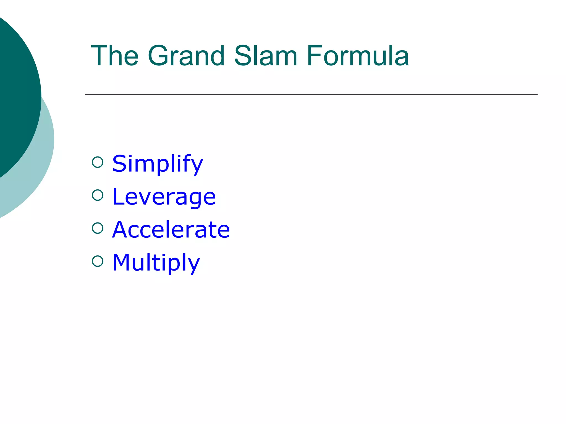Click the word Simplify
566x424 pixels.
pos(158,164)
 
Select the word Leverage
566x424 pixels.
pos(164,197)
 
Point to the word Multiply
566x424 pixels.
pos(156,263)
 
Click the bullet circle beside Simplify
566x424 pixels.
pos(98,162)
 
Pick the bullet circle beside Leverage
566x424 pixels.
pos(98,195)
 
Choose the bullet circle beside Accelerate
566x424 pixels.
pos(98,228)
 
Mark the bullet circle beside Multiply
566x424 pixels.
pos(98,261)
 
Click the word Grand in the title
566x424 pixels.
pos(187,56)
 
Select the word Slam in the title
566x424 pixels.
pos(266,56)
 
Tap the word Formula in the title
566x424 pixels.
pos(358,56)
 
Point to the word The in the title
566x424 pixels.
pos(115,56)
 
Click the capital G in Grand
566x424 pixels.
pos(159,56)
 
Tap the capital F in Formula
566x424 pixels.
pos(315,56)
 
